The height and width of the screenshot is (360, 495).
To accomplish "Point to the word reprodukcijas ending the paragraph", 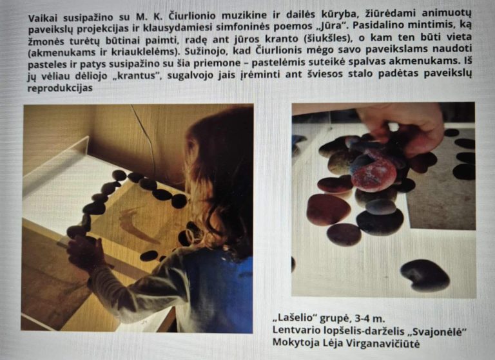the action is point(61,88).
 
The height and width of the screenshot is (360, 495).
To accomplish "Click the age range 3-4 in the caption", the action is point(360,318).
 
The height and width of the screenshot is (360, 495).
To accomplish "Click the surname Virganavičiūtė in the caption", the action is point(382,343).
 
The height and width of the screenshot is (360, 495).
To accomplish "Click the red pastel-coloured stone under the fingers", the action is point(374,173).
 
